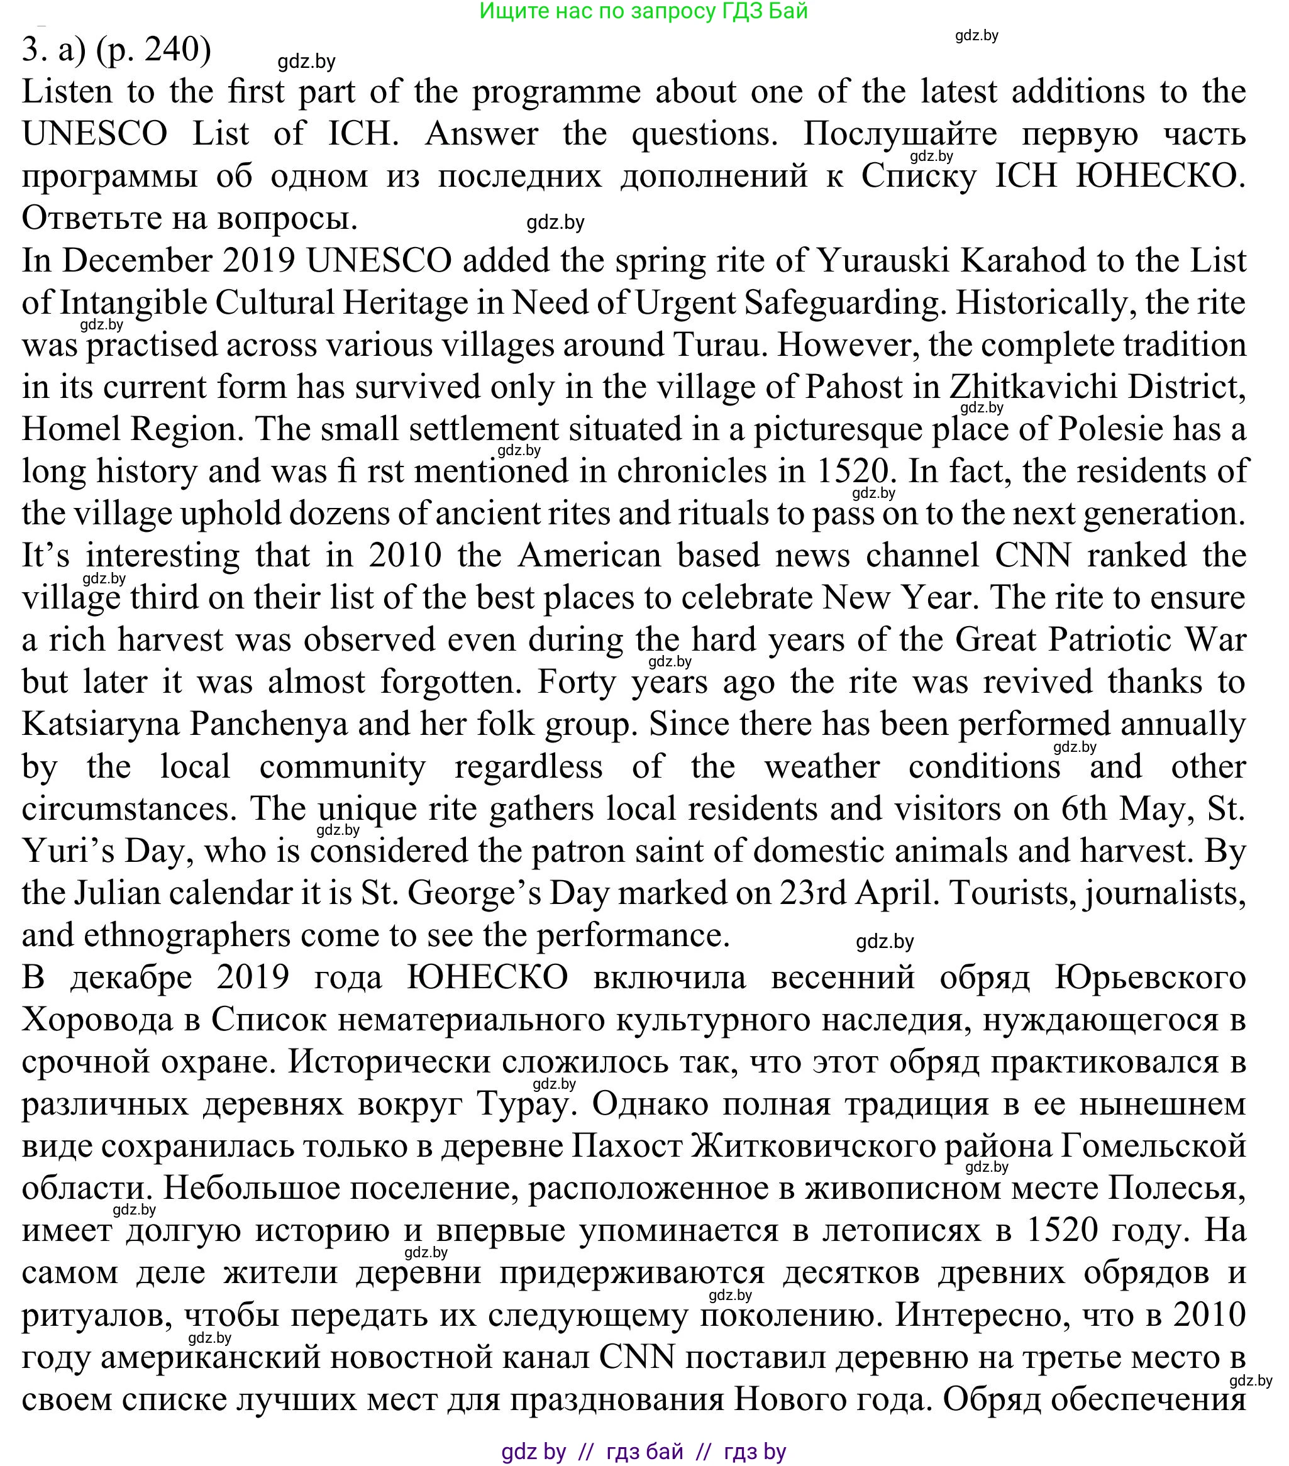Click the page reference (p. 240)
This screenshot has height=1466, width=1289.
point(153,50)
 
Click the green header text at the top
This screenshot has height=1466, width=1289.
point(643,11)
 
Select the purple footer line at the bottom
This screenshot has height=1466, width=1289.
point(643,1452)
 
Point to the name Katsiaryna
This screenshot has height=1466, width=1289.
point(100,724)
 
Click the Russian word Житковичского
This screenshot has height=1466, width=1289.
point(814,1147)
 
